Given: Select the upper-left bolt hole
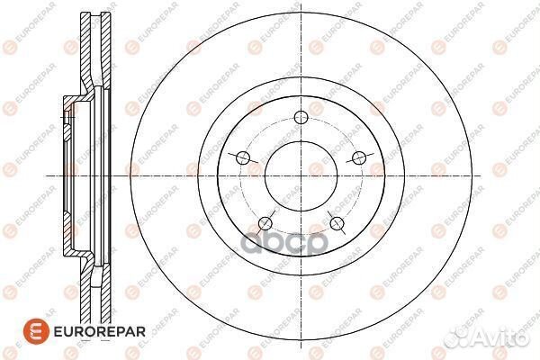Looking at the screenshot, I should tap(242, 158).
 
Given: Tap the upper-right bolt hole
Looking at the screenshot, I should tap(359, 158).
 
